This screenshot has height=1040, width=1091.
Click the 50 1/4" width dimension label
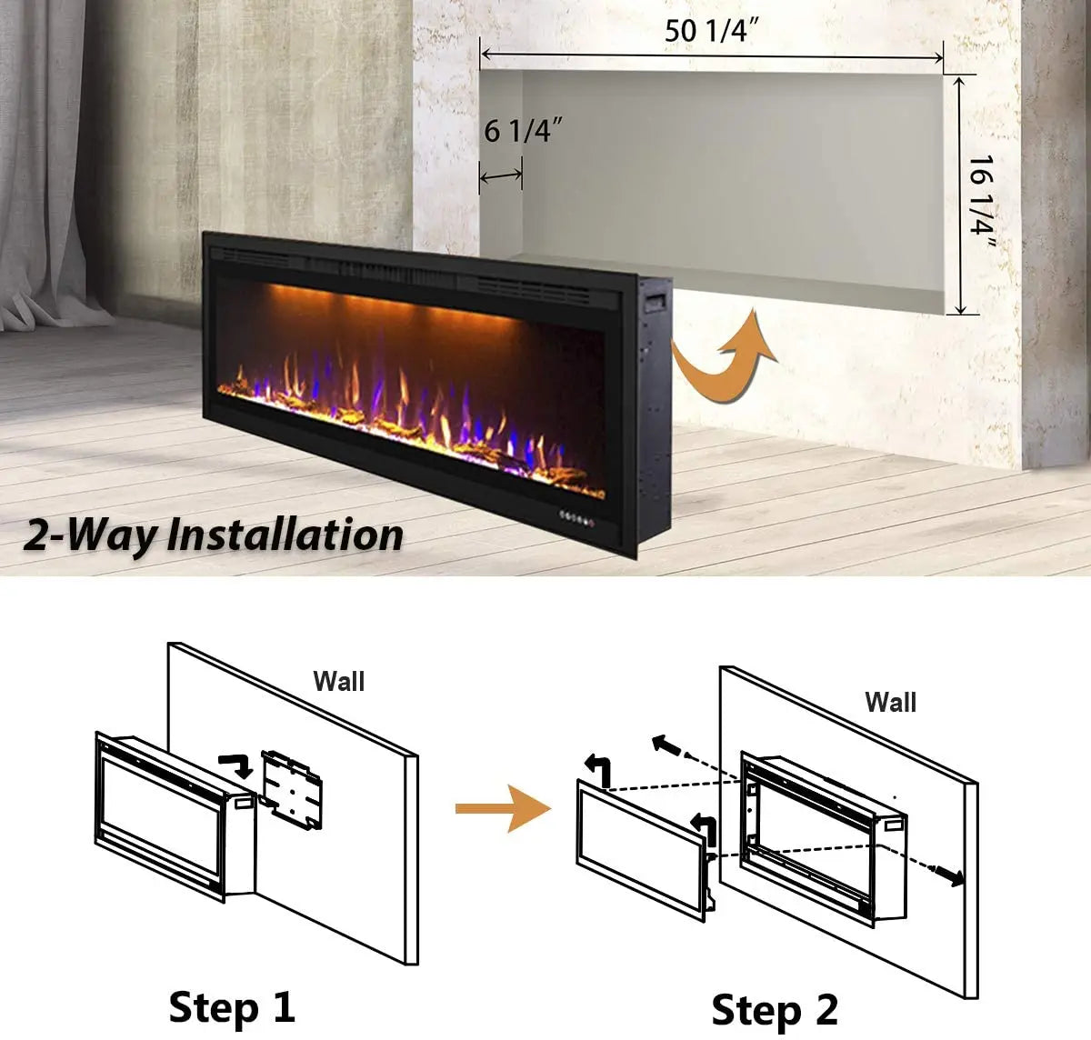click(x=711, y=30)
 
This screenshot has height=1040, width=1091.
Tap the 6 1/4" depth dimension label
click(x=523, y=130)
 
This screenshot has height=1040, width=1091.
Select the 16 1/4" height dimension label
click(x=982, y=202)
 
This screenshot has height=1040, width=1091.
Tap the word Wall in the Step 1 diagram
click(x=338, y=681)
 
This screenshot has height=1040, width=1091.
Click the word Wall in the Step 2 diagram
click(x=890, y=702)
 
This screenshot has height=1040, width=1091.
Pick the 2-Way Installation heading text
click(x=213, y=535)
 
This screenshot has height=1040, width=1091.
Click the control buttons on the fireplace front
click(x=577, y=518)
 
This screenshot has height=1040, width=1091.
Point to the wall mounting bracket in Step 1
click(x=292, y=789)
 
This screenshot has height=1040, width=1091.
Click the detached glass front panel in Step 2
click(x=642, y=851)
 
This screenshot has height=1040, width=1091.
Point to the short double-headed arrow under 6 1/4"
click(x=501, y=176)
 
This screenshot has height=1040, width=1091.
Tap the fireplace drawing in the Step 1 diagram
click(x=175, y=815)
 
